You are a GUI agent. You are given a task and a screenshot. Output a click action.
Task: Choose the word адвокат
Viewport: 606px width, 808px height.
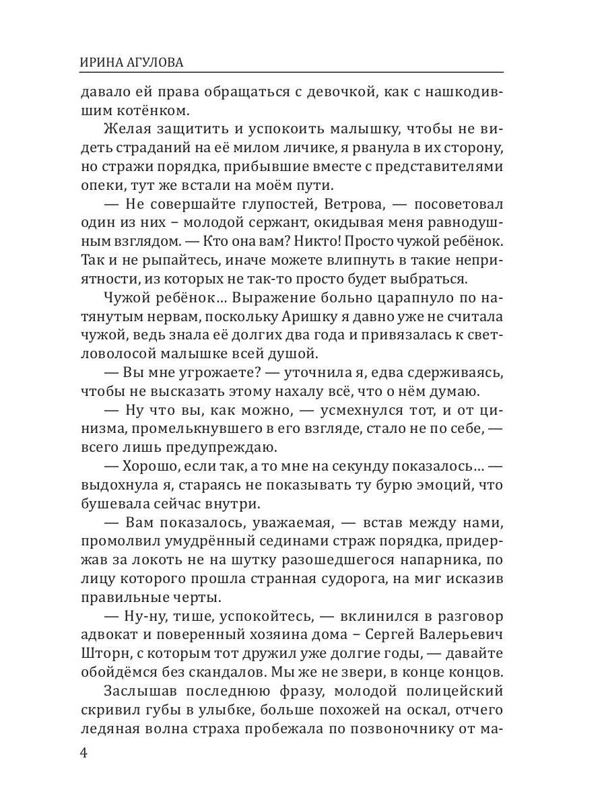108,634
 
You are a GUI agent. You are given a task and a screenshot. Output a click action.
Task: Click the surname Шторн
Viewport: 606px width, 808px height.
104,653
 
